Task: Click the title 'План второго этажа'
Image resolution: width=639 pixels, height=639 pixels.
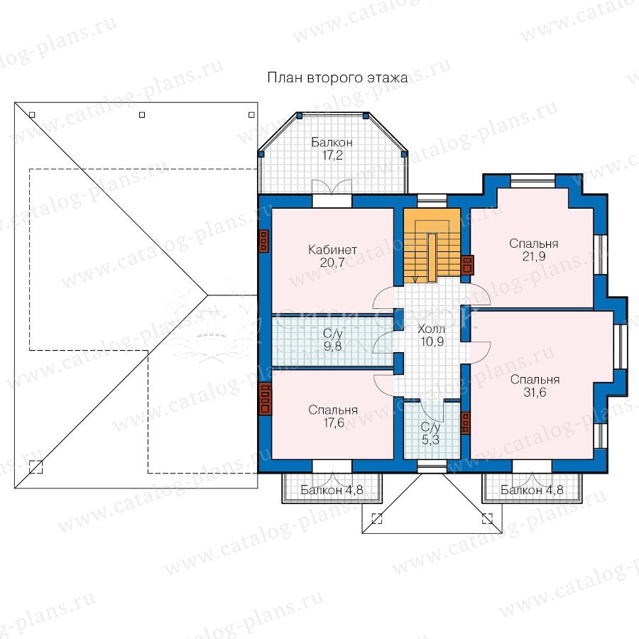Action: coord(337,77)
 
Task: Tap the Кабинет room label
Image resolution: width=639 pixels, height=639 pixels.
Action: coord(332,249)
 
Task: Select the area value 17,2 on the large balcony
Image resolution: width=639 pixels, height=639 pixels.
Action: coord(332,155)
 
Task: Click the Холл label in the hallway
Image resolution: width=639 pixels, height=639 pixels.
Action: coord(432,329)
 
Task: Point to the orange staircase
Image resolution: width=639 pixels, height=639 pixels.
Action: coord(432,246)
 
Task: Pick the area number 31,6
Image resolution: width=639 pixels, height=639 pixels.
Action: coord(535,393)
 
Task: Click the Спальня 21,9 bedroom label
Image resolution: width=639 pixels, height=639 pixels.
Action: coord(534,250)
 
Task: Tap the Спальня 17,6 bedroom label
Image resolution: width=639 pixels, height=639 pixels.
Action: coord(334,416)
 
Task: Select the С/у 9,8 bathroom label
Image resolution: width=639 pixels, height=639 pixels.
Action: coord(332,340)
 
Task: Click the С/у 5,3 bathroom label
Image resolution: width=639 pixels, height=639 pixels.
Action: coord(431,433)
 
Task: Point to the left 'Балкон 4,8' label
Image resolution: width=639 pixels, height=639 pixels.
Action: coord(332,490)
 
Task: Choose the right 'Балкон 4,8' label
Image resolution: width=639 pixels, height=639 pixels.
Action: coord(532,490)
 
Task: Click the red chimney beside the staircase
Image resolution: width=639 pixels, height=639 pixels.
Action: coord(467,266)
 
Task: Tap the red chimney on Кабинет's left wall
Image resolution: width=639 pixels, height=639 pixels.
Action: coord(263,241)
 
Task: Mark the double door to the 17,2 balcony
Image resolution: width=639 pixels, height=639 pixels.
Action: coord(332,187)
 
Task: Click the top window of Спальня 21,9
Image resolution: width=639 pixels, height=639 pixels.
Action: coord(532,180)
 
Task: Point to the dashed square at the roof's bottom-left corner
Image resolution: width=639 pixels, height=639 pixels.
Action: coord(36,467)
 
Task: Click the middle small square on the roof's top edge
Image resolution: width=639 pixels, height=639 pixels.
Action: coord(142,115)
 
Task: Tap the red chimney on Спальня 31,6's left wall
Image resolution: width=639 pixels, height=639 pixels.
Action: coord(465,423)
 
